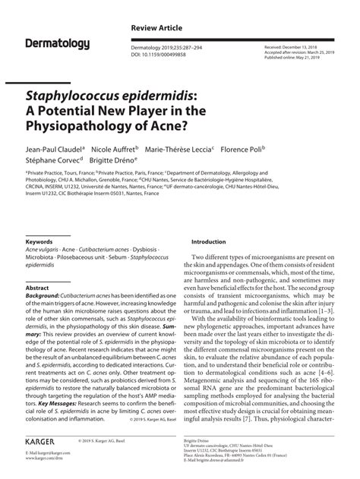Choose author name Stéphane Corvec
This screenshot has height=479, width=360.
[x=52, y=161]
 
